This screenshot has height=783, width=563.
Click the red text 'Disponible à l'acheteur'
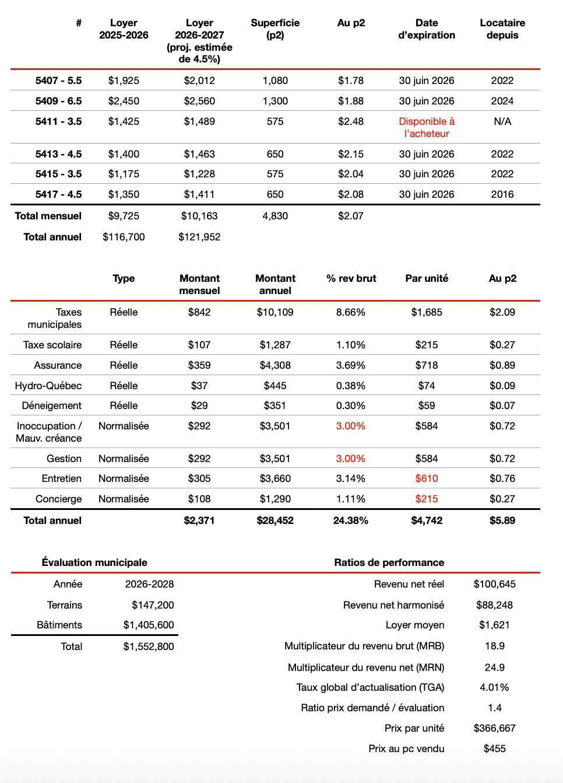point(427,127)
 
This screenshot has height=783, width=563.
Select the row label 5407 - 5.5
point(58,81)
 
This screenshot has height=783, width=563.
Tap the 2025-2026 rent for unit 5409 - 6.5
point(124,101)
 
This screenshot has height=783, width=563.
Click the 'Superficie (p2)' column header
point(275,29)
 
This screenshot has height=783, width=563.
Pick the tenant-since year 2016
point(502,194)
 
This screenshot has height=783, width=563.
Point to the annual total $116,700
point(124,237)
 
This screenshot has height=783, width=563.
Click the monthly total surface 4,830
point(275,216)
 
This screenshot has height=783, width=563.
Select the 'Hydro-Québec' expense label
point(48,386)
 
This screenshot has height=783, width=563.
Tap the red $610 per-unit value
point(427,478)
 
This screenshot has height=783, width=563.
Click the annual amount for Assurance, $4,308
point(275,365)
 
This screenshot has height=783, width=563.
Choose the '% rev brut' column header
point(351,278)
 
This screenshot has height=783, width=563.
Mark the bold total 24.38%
point(351,520)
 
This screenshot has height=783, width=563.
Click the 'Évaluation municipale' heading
point(94,562)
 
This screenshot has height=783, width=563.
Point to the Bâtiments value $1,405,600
point(149,625)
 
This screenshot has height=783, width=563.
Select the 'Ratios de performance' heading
point(389,562)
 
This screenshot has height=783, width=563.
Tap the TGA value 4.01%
point(494,687)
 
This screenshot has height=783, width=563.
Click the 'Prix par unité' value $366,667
point(494,728)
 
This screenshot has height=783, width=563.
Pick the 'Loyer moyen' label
point(415,625)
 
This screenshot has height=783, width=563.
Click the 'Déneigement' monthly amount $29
point(199,406)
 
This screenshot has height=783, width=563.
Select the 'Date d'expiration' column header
point(427,29)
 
